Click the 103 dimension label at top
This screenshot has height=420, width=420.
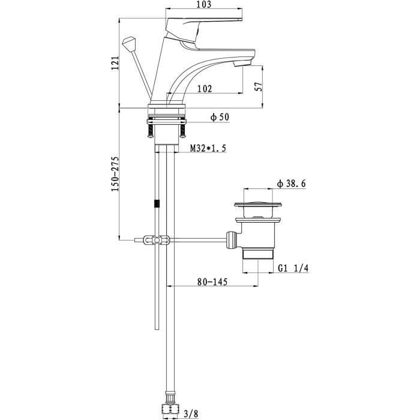click(204, 4)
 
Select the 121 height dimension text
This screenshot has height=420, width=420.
click(115, 63)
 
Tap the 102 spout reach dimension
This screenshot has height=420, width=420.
click(205, 89)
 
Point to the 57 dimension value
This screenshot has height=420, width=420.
click(259, 86)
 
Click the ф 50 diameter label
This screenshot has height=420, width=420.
click(220, 118)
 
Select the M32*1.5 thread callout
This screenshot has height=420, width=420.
click(208, 148)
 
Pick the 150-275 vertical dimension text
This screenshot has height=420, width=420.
click(115, 173)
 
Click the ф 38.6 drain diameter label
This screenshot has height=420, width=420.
click(292, 184)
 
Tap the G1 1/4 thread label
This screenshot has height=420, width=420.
click(293, 268)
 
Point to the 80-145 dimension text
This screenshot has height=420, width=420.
click(212, 282)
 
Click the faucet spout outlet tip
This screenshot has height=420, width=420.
click(242, 64)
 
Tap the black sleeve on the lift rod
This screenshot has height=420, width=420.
click(157, 203)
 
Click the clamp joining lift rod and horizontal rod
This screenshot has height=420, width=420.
click(157, 240)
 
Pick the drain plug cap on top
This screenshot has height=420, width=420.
click(257, 205)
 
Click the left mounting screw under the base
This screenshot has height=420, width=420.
click(151, 130)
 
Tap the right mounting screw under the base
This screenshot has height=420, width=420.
click(182, 130)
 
